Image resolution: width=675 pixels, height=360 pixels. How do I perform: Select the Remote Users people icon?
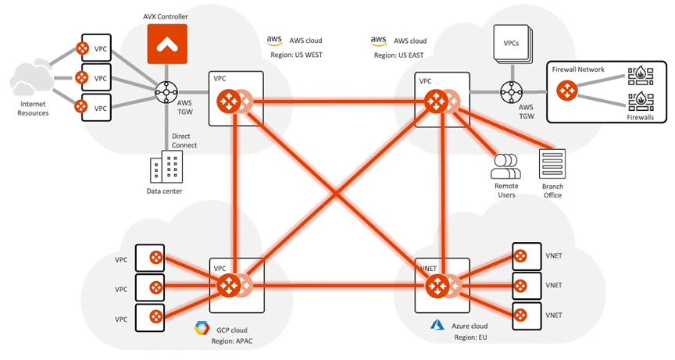pos(505,165)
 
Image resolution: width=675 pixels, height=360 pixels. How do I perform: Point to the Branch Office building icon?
pos(552,164)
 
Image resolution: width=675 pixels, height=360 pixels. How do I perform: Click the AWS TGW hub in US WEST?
pos(166,92)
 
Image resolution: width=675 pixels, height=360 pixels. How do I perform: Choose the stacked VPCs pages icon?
pos(512,45)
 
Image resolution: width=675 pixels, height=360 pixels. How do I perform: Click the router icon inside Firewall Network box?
pos(567,91)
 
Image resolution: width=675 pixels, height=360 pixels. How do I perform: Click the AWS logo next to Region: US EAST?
pos(379,40)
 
